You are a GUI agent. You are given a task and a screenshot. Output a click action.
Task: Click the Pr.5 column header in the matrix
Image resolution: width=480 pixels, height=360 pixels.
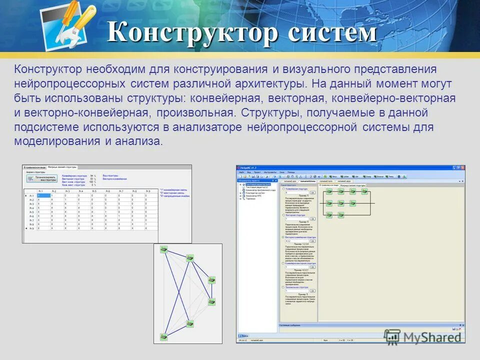93,191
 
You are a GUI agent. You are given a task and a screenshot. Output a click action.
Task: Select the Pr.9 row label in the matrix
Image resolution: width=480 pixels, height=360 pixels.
31,228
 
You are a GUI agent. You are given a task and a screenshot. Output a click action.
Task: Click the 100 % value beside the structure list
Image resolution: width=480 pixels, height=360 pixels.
92,181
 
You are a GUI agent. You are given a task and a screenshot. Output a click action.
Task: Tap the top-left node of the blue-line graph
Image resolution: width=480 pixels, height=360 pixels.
163,249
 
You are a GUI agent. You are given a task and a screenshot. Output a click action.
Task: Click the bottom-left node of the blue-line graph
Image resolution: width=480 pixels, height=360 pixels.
163,336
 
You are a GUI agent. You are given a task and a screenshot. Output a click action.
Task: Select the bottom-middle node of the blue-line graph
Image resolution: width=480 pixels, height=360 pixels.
190,323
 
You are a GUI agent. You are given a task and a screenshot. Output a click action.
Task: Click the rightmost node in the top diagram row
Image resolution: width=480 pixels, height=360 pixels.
364,191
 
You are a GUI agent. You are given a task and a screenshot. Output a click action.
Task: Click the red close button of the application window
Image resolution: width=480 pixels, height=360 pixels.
462,168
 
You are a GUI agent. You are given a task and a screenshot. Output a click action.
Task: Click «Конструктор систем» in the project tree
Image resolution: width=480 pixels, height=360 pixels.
255,192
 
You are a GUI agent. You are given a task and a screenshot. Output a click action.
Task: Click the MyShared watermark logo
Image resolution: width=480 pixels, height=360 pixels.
423,336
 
